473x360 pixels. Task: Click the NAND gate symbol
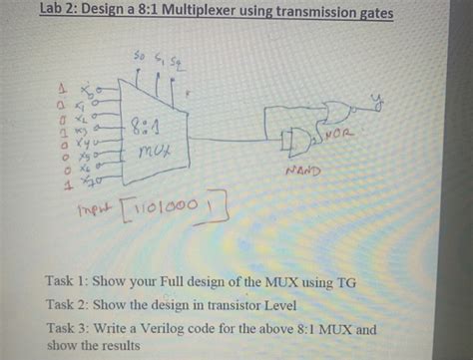click(294, 143)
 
